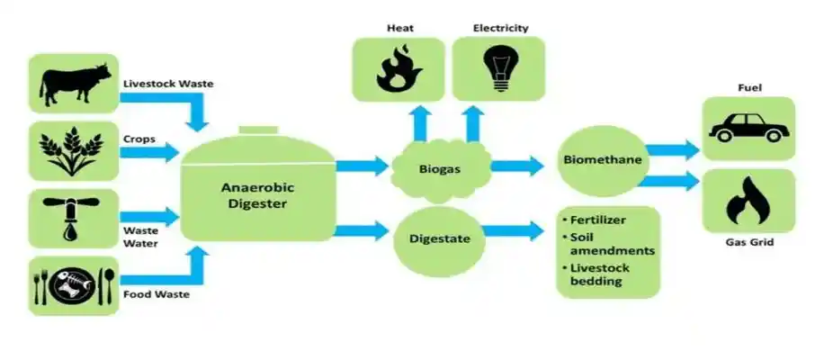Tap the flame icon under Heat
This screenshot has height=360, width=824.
click(399, 69)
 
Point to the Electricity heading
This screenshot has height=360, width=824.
click(500, 28)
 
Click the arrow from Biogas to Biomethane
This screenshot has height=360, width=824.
click(517, 166)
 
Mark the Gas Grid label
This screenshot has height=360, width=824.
click(749, 244)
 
